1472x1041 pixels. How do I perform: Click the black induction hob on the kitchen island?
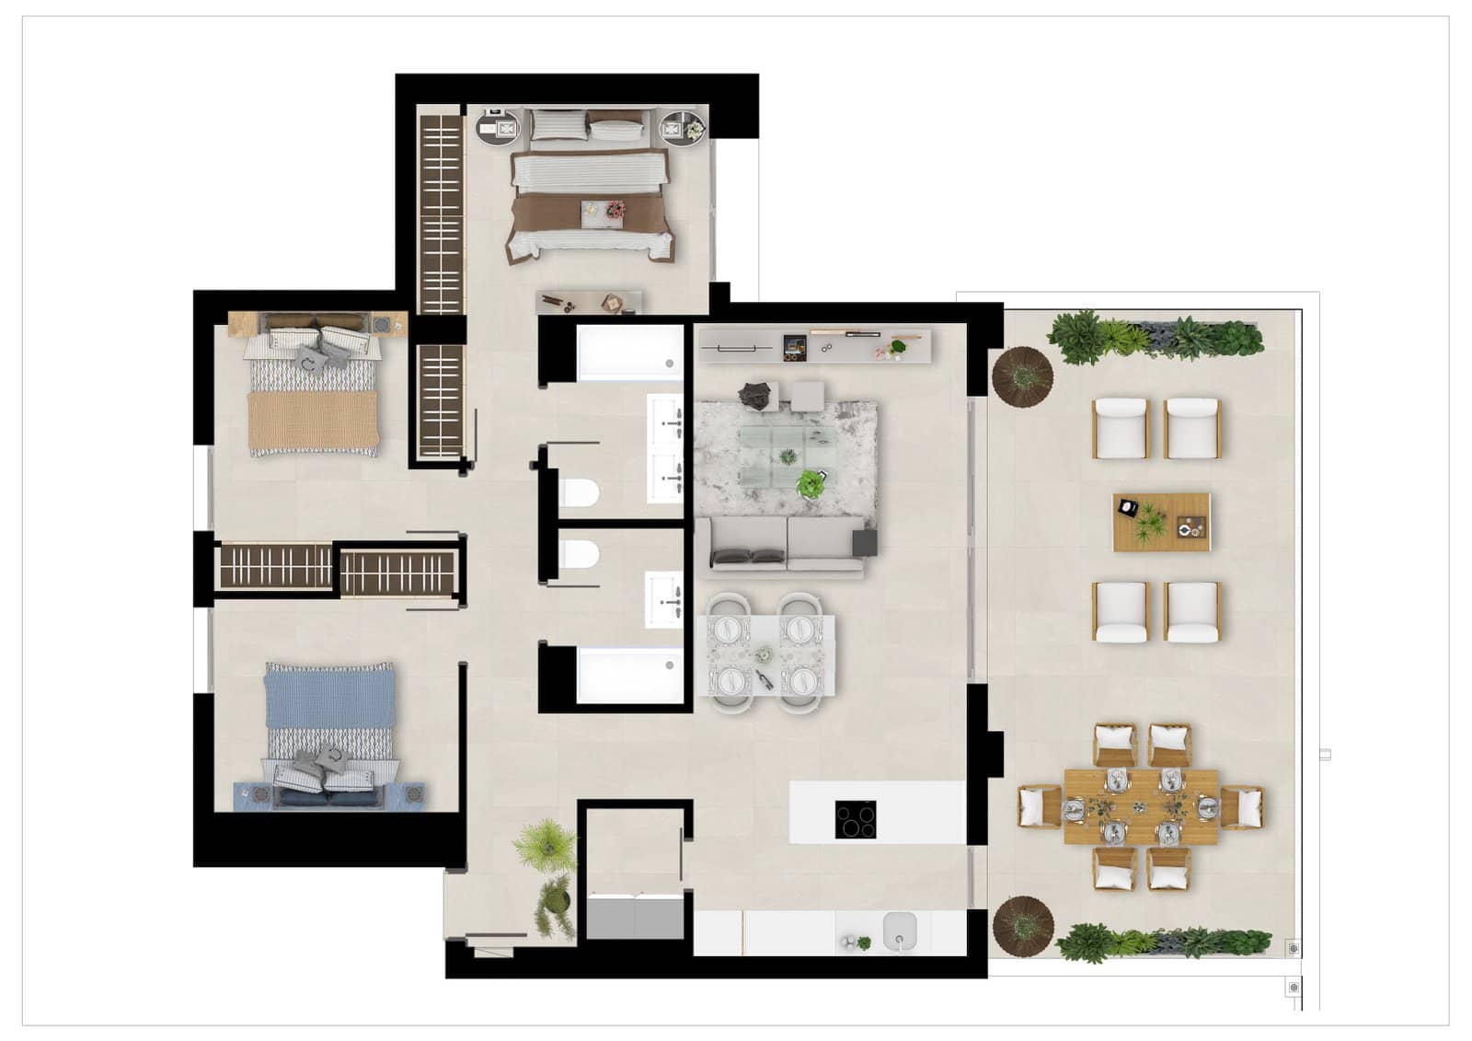(x=856, y=819)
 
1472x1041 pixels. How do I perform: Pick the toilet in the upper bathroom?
(x=578, y=494)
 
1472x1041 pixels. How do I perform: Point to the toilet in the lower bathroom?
(x=579, y=555)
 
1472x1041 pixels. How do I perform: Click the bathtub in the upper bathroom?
(x=630, y=353)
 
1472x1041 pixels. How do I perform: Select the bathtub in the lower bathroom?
(x=630, y=676)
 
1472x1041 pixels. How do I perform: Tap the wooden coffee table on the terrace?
(x=1161, y=522)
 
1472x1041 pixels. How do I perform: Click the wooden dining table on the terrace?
(x=1141, y=807)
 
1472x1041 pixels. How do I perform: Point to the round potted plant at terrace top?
(x=1021, y=376)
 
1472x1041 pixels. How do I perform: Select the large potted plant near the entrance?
(x=545, y=843)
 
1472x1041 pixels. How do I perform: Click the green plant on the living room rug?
(x=811, y=483)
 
